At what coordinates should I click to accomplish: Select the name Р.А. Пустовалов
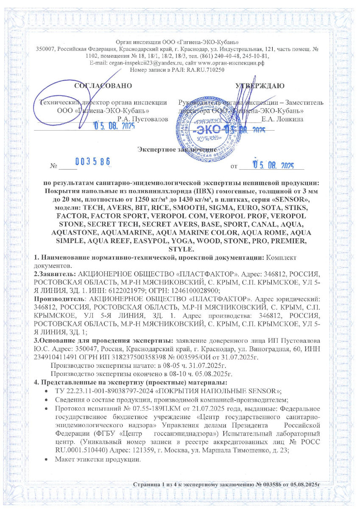tap(145, 119)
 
